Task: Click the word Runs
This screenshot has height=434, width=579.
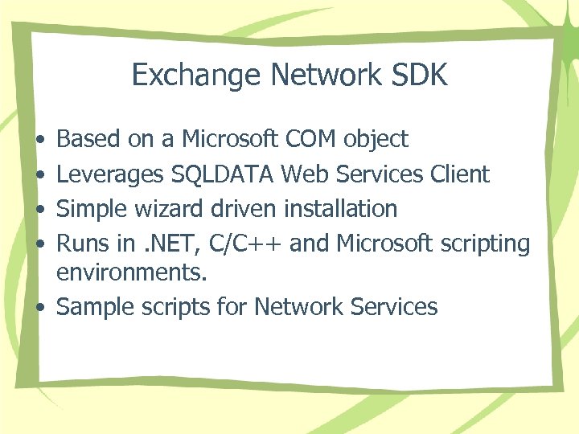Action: (x=83, y=244)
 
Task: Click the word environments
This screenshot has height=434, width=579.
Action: (x=132, y=273)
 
